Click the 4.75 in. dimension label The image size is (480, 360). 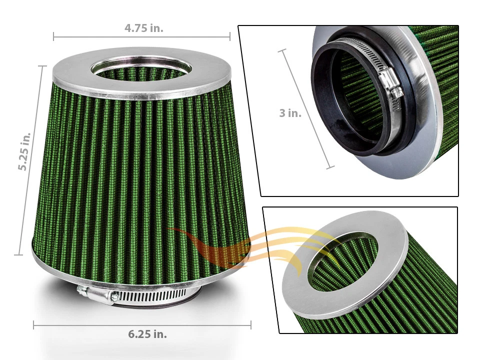pos(143,28)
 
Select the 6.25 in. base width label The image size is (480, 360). pos(147,334)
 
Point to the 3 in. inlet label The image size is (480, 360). pos(290,113)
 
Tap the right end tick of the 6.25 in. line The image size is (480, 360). pos(250,325)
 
